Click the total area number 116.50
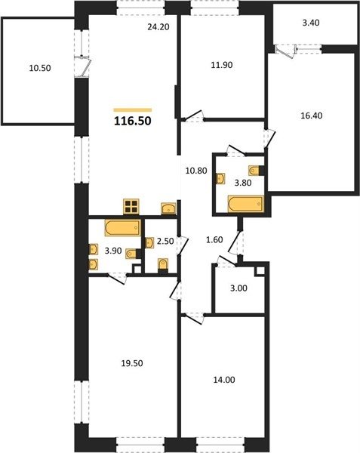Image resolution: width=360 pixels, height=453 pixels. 133,121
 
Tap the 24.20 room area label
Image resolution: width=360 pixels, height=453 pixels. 158,27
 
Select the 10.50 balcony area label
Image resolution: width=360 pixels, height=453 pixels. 40,68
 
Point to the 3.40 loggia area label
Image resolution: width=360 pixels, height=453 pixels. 311,23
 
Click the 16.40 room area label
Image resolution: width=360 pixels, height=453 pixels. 312,116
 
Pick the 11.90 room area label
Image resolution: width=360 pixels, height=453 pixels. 222,65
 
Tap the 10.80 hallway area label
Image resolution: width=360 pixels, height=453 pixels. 196,171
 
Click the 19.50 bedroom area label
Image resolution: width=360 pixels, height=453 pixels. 132,363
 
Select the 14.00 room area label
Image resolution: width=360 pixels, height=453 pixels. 224,380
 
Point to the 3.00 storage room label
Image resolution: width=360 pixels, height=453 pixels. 239,288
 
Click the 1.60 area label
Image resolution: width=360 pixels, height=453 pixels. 214,240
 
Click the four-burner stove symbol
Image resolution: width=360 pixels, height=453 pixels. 131,207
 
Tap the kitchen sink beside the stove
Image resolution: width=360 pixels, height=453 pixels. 168,208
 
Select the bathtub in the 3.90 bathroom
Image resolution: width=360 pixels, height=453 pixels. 123,228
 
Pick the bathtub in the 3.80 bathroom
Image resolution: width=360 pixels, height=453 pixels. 246,204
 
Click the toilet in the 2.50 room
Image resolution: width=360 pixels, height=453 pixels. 163,264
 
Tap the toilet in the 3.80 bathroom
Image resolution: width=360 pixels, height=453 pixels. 254,171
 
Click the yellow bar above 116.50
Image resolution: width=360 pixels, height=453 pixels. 133,109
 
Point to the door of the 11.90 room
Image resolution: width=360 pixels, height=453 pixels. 192,116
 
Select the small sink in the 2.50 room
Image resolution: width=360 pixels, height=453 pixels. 149,242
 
